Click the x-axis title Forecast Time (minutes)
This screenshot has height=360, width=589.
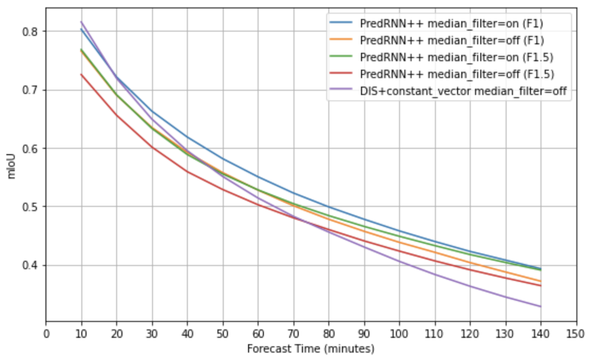(310, 349)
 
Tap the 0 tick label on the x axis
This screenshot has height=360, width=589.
(46, 334)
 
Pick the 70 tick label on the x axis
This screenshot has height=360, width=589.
(293, 334)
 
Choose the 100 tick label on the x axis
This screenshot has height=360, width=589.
(399, 334)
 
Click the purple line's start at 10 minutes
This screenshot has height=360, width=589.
(81, 22)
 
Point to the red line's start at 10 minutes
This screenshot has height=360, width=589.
(81, 74)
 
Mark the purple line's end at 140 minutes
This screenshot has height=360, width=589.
(540, 307)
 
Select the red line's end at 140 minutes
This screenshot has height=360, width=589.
(540, 286)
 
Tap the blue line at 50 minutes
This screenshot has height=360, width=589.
(223, 158)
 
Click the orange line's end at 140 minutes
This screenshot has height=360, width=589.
(540, 281)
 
